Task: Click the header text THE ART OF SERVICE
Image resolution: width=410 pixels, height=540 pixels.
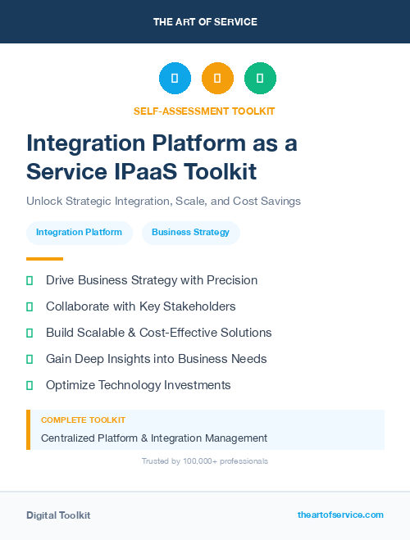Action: click(x=205, y=22)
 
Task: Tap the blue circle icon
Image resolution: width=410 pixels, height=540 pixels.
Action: click(x=175, y=79)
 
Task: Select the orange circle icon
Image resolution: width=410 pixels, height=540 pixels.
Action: click(x=217, y=79)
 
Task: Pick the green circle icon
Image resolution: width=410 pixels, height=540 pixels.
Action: click(x=260, y=79)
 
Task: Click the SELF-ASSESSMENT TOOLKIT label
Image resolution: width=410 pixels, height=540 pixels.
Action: click(x=204, y=111)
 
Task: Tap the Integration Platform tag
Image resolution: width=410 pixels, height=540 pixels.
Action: click(x=79, y=233)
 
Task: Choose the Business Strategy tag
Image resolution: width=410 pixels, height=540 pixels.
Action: click(x=190, y=233)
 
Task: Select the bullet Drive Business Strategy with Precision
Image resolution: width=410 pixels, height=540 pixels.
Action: click(x=152, y=280)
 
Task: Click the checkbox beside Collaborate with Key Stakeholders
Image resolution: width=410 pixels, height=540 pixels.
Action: click(x=30, y=306)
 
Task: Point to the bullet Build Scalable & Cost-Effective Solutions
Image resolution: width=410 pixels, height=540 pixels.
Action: click(x=158, y=333)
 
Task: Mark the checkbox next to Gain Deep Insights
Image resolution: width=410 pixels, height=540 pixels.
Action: click(x=30, y=359)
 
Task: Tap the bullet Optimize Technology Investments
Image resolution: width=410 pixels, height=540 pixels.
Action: click(x=138, y=385)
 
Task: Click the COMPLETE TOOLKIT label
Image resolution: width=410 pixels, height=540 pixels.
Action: click(x=83, y=420)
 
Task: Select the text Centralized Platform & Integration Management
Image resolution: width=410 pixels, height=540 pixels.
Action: click(x=154, y=438)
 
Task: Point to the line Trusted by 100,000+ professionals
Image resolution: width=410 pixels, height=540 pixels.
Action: click(x=205, y=461)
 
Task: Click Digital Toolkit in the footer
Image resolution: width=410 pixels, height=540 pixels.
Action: click(x=58, y=515)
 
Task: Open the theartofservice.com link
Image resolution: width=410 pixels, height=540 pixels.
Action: click(x=340, y=515)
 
